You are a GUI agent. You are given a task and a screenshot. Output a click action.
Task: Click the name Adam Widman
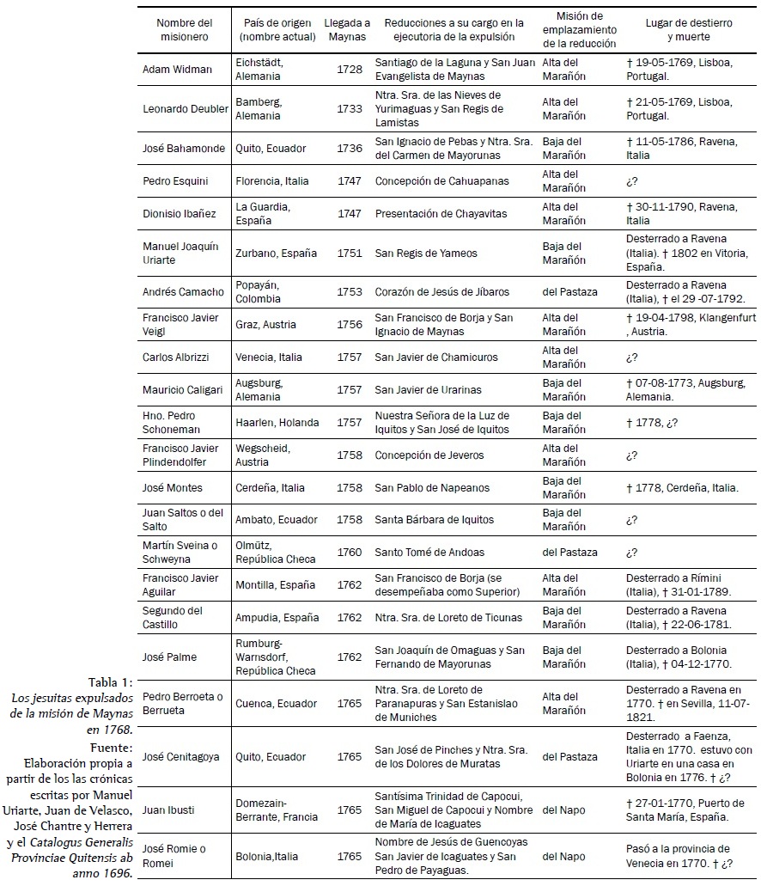177,70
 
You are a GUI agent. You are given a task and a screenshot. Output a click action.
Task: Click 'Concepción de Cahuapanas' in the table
441,181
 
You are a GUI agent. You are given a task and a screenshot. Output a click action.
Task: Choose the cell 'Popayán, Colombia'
259,292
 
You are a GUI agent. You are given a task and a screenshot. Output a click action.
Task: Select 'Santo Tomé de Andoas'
430,553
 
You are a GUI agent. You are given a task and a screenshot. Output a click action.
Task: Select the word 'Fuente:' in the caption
113,746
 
